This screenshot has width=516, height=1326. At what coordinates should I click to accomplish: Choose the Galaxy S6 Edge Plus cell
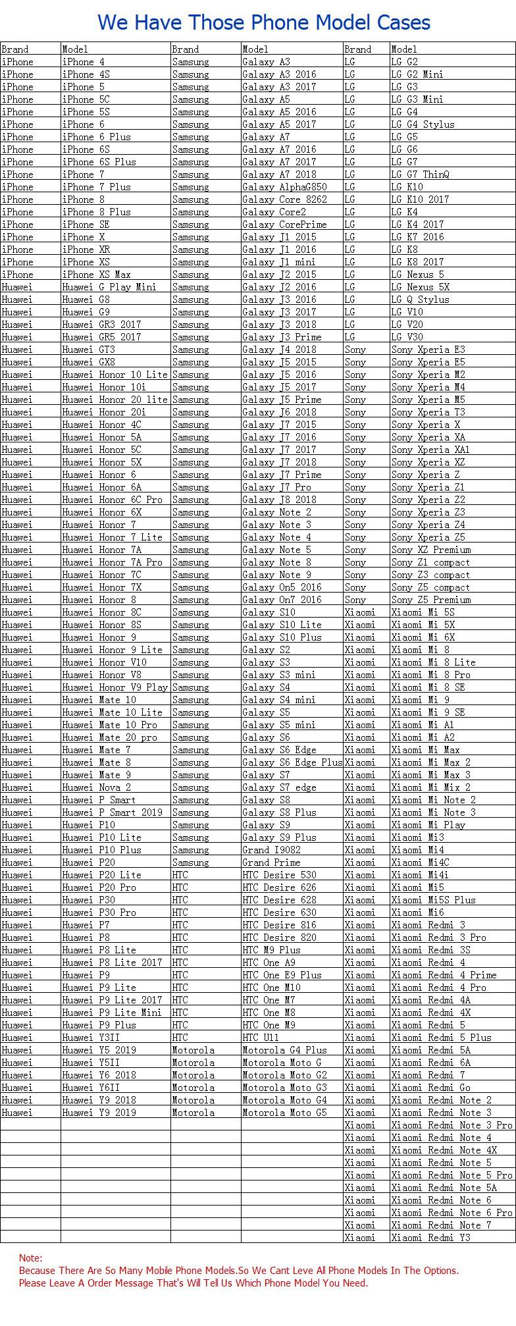pyautogui.click(x=292, y=762)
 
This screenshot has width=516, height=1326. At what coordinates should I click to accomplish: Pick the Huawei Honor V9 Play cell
pyautogui.click(x=115, y=687)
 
